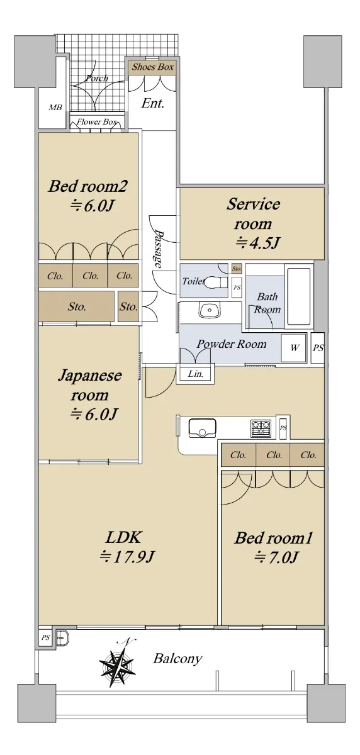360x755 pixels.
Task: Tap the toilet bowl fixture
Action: [217, 281]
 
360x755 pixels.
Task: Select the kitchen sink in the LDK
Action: [202, 428]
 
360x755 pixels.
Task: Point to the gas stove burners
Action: [261, 428]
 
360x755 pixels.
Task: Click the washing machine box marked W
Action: [294, 348]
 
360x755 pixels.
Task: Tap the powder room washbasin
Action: [210, 310]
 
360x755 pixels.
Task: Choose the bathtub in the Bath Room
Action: [299, 296]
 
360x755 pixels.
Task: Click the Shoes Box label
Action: [153, 67]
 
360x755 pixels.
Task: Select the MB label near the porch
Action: [55, 107]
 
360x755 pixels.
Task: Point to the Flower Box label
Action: [97, 121]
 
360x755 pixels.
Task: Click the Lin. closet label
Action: [196, 374]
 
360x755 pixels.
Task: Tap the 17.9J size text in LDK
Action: [127, 557]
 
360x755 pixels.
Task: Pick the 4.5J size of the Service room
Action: [258, 242]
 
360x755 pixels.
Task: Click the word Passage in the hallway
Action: [158, 249]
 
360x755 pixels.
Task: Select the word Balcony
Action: [177, 659]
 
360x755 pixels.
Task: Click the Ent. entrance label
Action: [153, 103]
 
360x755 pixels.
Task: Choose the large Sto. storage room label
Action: [77, 307]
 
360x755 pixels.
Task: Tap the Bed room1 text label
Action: [274, 538]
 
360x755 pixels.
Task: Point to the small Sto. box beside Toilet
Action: [237, 269]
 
